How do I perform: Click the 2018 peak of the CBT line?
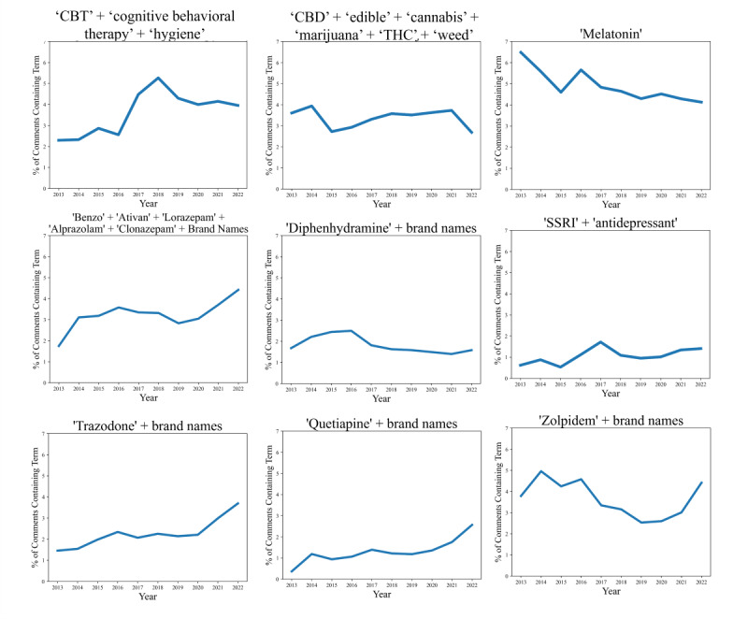click(159, 78)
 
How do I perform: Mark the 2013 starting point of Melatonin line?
click(521, 52)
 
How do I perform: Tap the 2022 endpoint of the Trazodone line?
click(238, 503)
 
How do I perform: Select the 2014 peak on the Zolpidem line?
click(541, 471)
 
